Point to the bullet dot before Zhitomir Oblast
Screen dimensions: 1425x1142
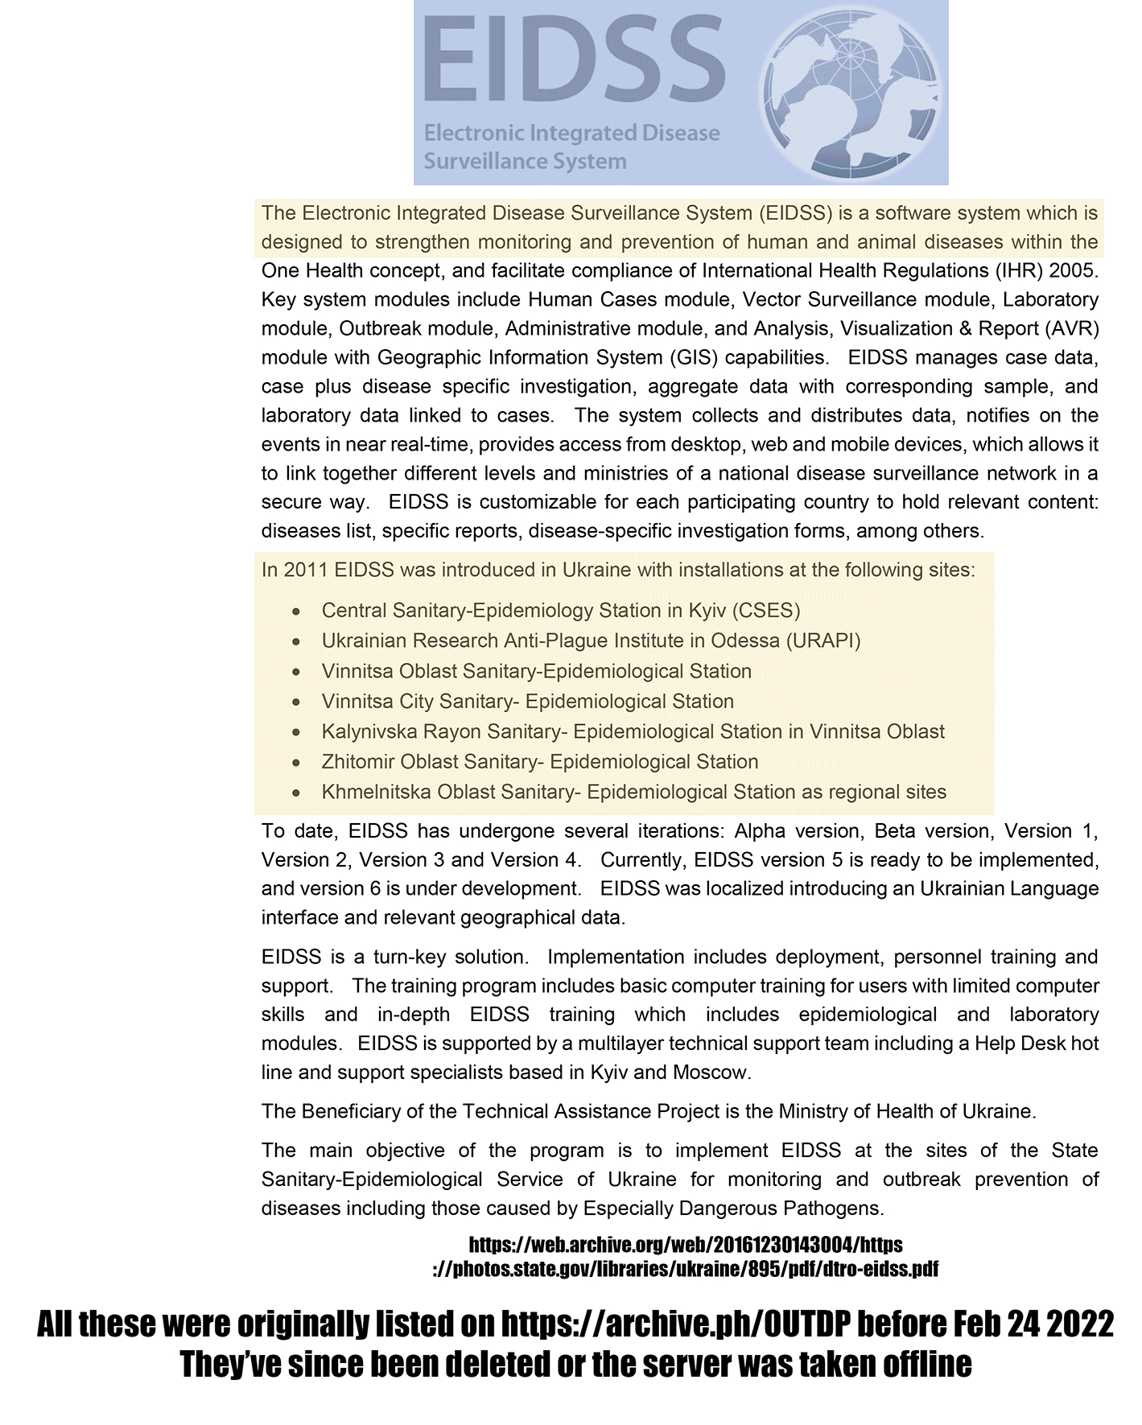[x=297, y=762]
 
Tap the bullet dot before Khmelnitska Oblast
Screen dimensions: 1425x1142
[x=297, y=793]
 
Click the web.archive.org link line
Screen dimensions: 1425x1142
[x=685, y=1246]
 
